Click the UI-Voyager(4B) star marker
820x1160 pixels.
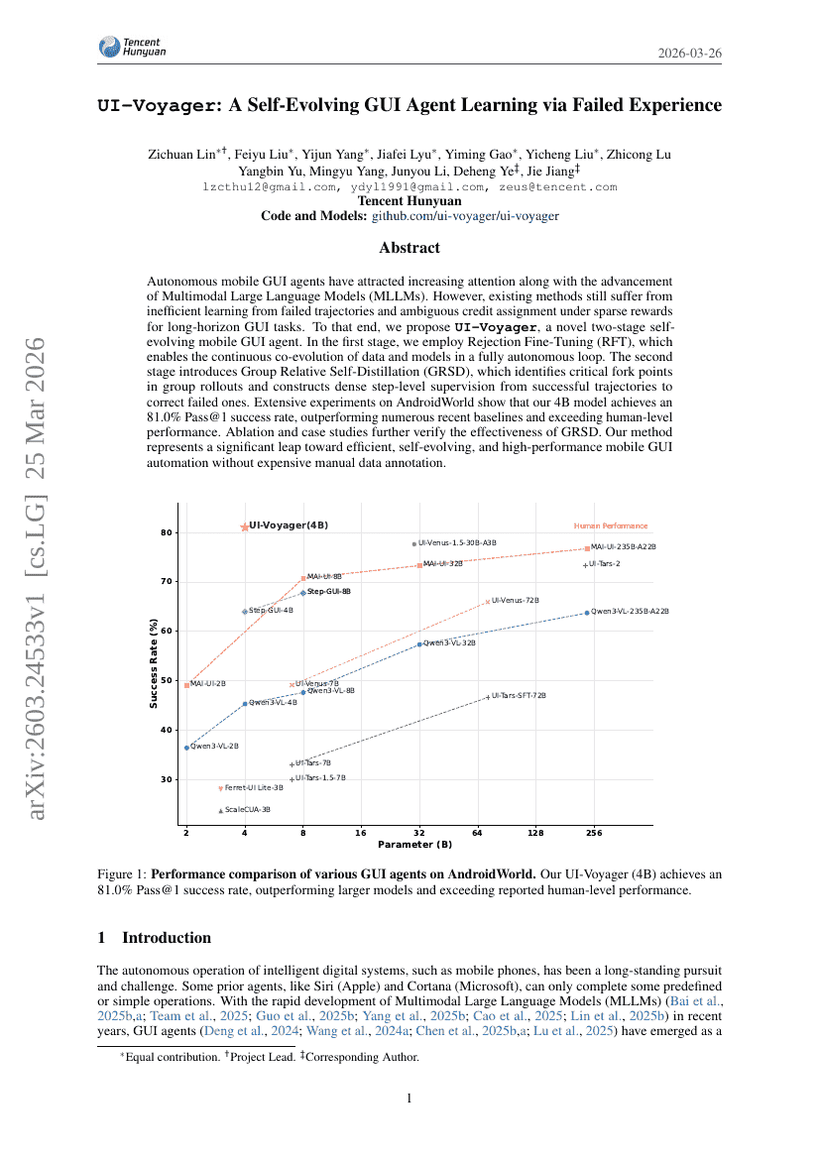(245, 526)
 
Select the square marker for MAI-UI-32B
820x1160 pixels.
(420, 565)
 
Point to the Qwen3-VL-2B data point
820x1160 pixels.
(186, 748)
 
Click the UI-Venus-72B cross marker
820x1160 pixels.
(488, 602)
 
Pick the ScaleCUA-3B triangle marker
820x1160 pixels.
(220, 811)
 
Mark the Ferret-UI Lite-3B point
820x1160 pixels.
(220, 789)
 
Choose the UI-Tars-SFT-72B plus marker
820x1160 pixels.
(488, 697)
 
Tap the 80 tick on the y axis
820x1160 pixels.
(166, 532)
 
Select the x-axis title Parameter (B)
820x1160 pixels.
(414, 846)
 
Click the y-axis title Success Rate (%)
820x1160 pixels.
(154, 664)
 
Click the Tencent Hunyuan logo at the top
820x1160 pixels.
(132, 47)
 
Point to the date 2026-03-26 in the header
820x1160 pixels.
(690, 53)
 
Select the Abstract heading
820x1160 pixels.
(410, 248)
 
